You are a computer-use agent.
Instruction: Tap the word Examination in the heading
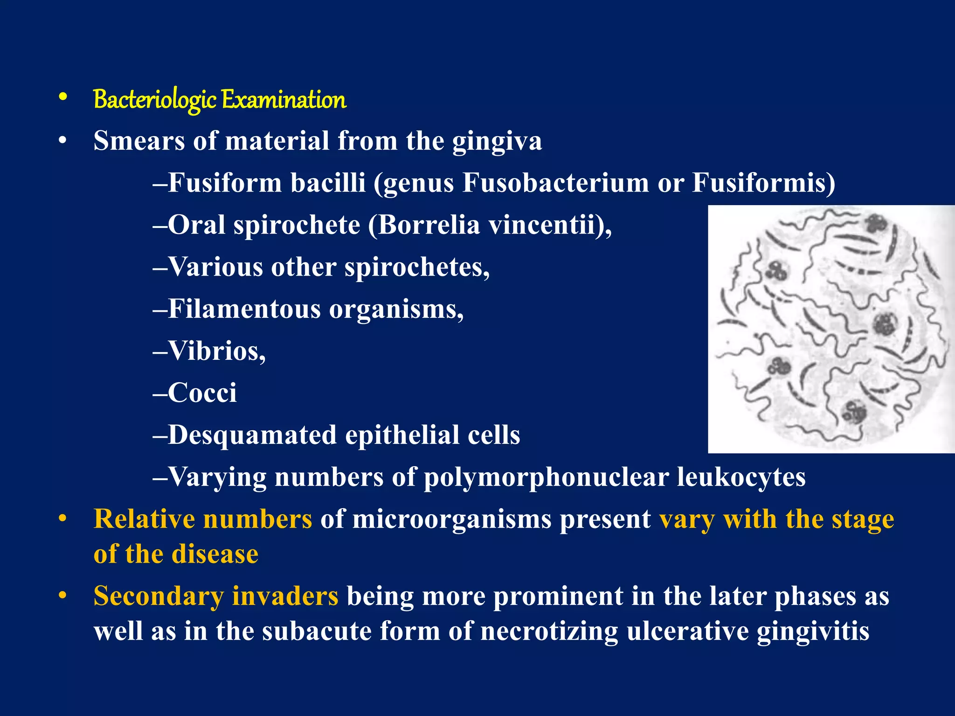(x=284, y=100)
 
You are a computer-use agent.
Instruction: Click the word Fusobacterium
(x=555, y=183)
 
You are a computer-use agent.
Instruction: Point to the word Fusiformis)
(x=763, y=183)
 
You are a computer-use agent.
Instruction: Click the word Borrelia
(x=429, y=225)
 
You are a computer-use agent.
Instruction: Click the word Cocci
(x=202, y=393)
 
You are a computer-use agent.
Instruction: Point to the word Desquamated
(x=252, y=435)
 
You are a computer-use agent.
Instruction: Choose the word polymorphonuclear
(x=546, y=477)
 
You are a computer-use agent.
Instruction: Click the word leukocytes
(x=741, y=477)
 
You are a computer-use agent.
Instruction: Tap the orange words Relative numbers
(x=203, y=519)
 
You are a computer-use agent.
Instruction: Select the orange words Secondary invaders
(x=216, y=596)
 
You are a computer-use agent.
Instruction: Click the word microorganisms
(x=452, y=519)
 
